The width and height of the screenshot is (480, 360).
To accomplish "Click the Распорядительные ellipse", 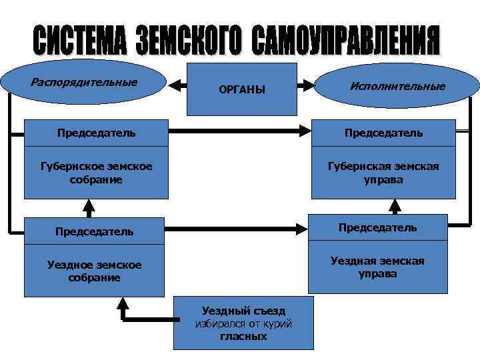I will (x=84, y=83).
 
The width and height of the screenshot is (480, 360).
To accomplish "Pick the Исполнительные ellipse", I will (x=397, y=86).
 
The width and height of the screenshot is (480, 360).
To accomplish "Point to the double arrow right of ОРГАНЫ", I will (x=306, y=85).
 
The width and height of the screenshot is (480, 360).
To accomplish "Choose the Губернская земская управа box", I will (x=383, y=173).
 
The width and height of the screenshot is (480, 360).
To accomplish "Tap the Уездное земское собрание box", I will (x=94, y=271).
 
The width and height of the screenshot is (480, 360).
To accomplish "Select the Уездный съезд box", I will (x=243, y=323).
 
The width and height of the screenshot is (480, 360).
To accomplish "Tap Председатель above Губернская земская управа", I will (x=383, y=132).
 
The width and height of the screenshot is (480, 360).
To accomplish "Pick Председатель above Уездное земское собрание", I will (x=94, y=231).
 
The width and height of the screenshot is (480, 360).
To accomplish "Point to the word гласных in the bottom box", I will (x=243, y=337).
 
